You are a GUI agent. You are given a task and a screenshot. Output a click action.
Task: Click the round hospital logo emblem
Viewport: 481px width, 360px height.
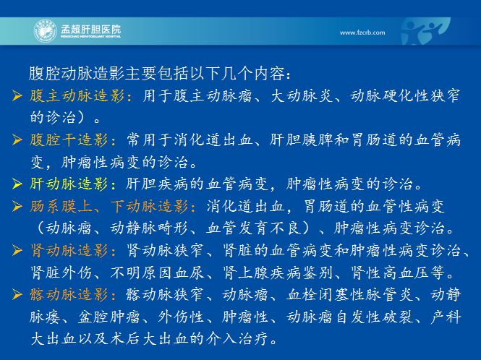[46, 31]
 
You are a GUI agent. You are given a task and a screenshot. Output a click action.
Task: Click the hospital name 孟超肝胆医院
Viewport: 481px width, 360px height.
[91, 30]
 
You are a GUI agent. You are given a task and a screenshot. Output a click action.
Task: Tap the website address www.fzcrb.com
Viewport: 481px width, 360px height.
[362, 33]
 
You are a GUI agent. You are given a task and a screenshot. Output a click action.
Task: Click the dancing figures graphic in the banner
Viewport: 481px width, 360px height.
[425, 31]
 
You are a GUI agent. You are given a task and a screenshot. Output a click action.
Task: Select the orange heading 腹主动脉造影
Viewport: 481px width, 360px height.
[77, 96]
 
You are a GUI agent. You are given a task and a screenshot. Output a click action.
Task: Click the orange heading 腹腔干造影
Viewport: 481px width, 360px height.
[69, 140]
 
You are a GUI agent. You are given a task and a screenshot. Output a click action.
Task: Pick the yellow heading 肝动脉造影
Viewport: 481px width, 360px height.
[69, 184]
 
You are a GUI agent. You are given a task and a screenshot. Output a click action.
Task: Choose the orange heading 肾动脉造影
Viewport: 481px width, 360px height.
[69, 251]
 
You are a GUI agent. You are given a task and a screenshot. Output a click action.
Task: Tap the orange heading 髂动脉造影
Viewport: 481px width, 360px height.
[69, 295]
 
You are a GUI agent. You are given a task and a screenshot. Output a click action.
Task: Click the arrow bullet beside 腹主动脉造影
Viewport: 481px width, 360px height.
[17, 95]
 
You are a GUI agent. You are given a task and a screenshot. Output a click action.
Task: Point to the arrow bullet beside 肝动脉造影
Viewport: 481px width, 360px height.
[17, 184]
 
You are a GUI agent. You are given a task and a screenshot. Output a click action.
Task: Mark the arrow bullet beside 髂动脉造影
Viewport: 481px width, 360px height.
[17, 294]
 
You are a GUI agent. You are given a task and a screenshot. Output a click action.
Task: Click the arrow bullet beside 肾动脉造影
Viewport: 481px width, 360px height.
[17, 250]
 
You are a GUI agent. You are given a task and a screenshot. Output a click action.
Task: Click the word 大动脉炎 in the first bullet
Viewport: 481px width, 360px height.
[302, 96]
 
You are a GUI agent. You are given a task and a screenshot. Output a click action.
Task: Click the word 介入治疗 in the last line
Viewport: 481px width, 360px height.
[238, 339]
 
